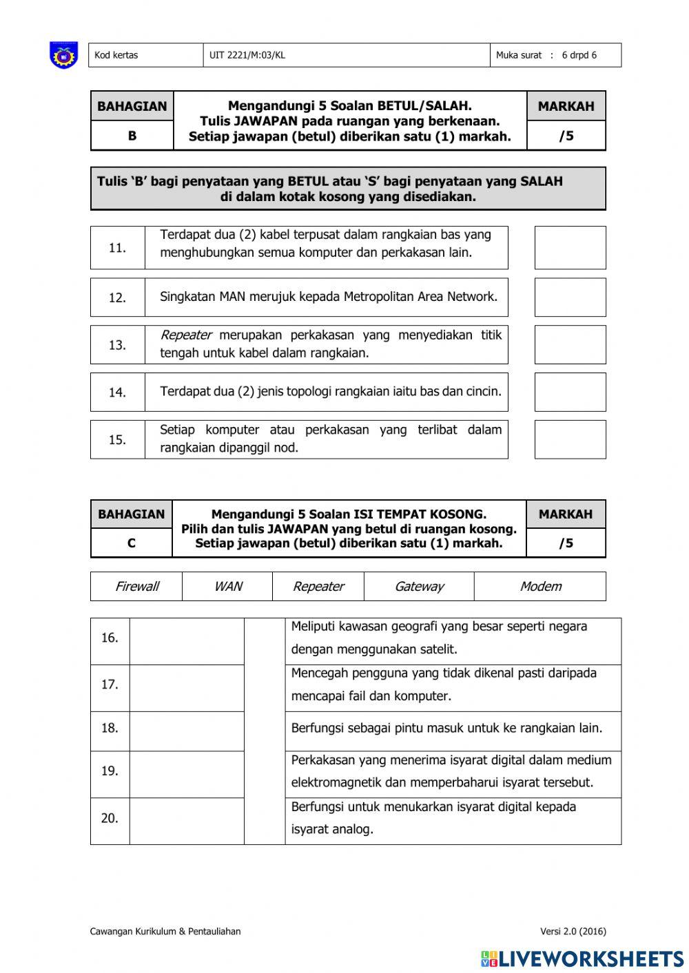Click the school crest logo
[63, 55]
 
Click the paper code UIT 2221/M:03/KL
[247, 55]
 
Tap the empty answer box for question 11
[570, 247]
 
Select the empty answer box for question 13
[570, 344]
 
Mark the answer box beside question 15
[570, 439]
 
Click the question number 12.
[117, 297]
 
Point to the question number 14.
[117, 393]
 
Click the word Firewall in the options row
[136, 587]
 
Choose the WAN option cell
[227, 587]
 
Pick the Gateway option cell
[419, 587]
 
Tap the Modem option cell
[540, 587]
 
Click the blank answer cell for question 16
[187, 641]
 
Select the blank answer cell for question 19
[187, 774]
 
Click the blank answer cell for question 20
[187, 821]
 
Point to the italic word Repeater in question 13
[186, 335]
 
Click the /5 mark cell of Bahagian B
[566, 136]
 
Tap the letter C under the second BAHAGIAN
[131, 543]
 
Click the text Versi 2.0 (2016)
[573, 932]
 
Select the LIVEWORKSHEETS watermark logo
[582, 959]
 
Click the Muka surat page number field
[555, 55]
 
